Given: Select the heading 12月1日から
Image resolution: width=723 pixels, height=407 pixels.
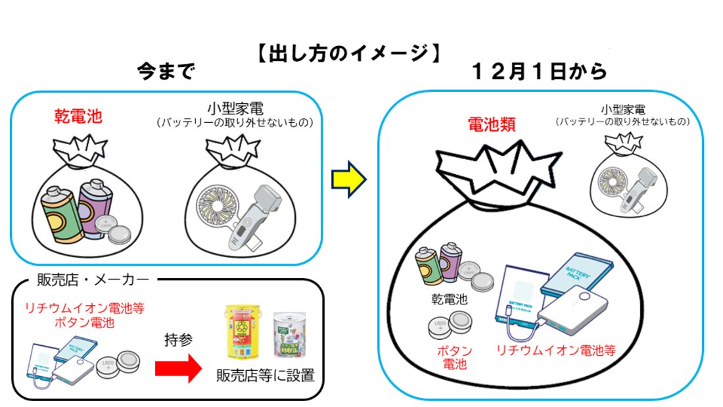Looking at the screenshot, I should (539, 72).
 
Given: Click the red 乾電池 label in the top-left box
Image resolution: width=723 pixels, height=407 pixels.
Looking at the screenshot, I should (78, 117).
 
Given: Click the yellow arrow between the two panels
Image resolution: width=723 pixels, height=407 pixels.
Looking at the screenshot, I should (348, 180).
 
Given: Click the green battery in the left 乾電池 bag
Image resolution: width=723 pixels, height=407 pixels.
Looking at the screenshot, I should (62, 212).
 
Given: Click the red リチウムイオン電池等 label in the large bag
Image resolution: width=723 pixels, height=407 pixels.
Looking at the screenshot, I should (555, 349).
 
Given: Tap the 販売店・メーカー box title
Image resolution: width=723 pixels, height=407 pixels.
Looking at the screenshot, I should (91, 280).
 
